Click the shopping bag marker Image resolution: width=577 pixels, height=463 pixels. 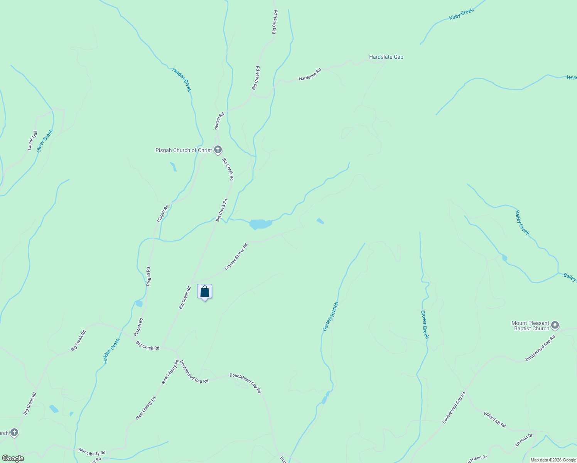tap(204, 292)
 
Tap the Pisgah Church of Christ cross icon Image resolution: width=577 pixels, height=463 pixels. tap(218, 150)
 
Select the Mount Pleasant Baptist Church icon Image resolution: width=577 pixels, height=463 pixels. tap(555, 326)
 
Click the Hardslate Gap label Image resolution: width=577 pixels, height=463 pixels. tap(386, 57)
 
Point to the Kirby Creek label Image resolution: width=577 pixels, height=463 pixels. tap(461, 15)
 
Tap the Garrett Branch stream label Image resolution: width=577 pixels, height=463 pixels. tap(331, 316)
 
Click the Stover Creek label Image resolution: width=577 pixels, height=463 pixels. tap(425, 324)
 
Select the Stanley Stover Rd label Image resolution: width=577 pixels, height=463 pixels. tap(236, 256)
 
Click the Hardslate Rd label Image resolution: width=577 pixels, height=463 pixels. tap(310, 75)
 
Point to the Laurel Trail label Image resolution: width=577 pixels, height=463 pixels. tap(32, 140)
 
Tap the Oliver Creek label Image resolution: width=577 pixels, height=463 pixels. tap(45, 141)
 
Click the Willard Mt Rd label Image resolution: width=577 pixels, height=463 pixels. tap(495, 419)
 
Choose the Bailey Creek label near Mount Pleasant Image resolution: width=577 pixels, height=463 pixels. tap(522, 223)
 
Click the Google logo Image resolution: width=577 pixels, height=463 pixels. tap(13, 458)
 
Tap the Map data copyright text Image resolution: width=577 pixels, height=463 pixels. tap(553, 460)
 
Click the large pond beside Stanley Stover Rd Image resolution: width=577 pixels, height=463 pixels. tap(260, 224)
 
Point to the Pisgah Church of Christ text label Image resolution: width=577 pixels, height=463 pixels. tap(184, 150)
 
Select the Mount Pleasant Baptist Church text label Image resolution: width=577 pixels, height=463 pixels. tap(530, 326)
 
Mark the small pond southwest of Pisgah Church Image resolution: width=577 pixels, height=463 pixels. tap(173, 166)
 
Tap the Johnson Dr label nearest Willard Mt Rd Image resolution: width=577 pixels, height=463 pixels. tap(523, 441)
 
